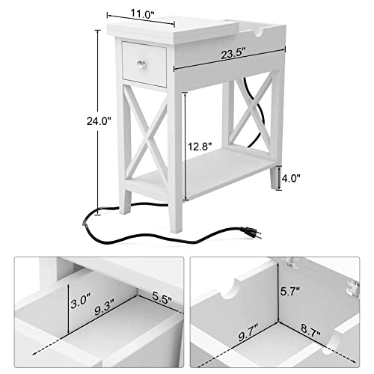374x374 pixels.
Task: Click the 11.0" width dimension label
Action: pyautogui.click(x=143, y=13)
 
